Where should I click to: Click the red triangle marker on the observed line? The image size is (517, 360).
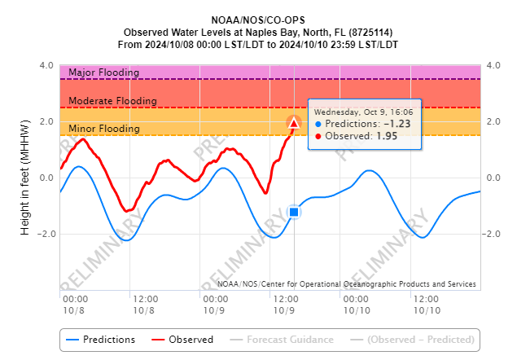pos(294,123)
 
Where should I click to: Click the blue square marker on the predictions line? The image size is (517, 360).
pos(294,212)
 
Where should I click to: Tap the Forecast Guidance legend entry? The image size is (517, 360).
pos(285,340)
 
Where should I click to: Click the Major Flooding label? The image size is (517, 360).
pos(103,72)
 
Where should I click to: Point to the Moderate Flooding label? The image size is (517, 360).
pos(112,101)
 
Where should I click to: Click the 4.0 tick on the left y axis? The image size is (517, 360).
pos(46,66)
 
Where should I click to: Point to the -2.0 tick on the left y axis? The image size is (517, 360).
pos(44,234)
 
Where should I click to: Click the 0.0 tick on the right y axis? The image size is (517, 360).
pos(494,178)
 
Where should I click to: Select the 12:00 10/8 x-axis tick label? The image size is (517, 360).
pos(145,305)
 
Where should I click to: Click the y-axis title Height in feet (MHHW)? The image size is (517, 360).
pos(25,178)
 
